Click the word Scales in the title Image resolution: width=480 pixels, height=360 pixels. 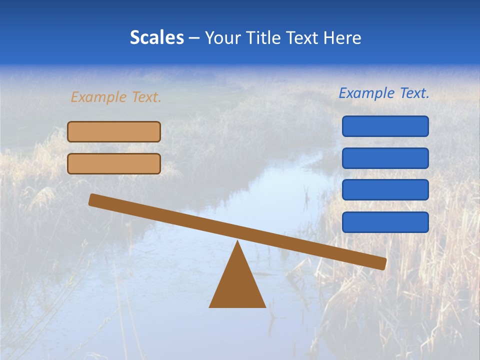point(156,37)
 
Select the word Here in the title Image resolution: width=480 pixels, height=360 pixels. point(342,37)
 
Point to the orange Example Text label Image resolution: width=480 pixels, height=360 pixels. point(116,97)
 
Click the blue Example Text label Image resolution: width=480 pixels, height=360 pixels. point(384,93)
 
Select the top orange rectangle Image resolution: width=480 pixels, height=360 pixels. point(114,131)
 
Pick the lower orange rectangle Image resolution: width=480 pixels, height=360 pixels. point(114,163)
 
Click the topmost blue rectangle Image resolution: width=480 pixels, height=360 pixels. point(385,126)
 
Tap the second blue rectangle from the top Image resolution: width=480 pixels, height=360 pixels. point(385,158)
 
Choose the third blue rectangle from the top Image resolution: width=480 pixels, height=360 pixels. point(385,190)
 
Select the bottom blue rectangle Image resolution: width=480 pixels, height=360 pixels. point(385,222)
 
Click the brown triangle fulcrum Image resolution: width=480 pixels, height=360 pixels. point(237,285)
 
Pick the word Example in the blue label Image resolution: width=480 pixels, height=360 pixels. point(367,93)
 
